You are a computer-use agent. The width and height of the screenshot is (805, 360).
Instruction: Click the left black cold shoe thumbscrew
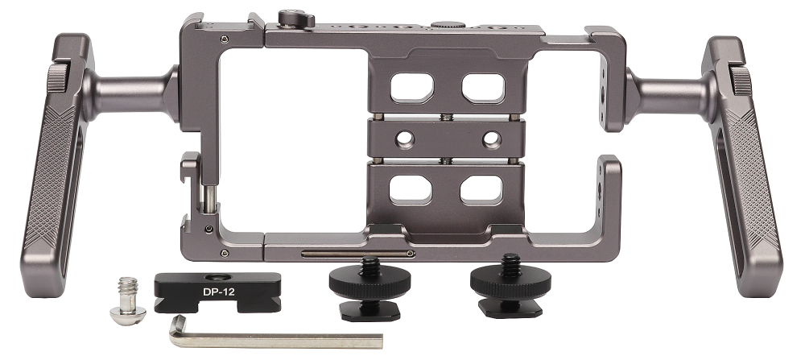tap(368, 290)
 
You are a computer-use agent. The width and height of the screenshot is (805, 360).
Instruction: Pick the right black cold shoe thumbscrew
tap(510, 286)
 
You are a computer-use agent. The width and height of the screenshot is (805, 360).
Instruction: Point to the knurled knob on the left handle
tap(57, 78)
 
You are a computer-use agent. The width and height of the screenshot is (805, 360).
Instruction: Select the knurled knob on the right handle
tap(741, 81)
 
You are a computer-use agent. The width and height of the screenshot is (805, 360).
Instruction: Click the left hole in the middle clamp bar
tap(405, 139)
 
